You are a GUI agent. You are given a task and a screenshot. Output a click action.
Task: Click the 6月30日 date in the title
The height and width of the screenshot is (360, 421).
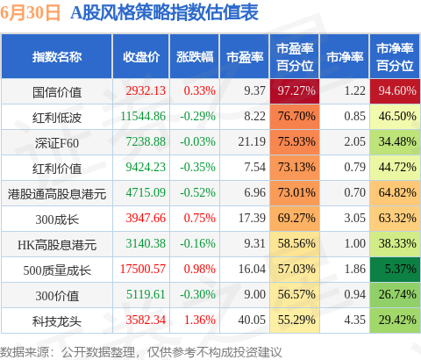(30, 13)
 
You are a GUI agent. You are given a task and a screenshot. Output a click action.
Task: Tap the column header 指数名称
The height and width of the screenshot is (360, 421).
(57, 57)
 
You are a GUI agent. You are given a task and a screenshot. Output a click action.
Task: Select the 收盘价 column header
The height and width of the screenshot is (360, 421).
(141, 57)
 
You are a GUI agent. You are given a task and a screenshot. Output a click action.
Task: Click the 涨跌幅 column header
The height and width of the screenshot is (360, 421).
(195, 57)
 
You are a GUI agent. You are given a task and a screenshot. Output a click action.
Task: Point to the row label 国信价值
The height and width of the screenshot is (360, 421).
(57, 92)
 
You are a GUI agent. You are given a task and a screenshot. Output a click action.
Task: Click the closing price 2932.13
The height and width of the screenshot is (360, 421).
(146, 90)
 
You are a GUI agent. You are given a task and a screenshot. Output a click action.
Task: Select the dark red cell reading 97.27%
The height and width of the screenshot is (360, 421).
(295, 91)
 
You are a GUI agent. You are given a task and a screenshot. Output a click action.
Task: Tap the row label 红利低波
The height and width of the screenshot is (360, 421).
(57, 118)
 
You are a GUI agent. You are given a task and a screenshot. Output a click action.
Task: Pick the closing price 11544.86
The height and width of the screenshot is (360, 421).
(143, 116)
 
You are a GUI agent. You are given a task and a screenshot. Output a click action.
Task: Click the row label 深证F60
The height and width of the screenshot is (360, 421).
(57, 143)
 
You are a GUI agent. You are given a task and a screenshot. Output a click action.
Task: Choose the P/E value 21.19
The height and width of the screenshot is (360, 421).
(252, 141)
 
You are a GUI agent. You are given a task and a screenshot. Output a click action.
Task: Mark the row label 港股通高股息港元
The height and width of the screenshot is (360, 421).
(57, 194)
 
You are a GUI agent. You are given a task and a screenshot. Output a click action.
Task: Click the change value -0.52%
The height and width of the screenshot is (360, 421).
(198, 192)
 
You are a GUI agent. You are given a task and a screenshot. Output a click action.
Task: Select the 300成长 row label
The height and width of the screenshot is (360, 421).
(57, 220)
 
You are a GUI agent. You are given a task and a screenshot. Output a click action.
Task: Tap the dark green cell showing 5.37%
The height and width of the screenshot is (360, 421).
(395, 270)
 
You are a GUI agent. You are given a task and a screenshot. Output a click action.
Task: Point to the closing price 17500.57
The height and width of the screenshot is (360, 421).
(143, 269)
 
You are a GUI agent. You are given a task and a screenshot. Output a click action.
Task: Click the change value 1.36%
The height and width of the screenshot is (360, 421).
(200, 320)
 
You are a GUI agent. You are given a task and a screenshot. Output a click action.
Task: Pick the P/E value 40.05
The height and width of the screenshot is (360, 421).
(252, 320)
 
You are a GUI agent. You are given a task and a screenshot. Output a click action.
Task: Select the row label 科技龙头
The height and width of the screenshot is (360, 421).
(57, 321)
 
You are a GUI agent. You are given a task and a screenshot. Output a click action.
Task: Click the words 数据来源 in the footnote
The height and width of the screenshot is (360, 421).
(25, 352)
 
